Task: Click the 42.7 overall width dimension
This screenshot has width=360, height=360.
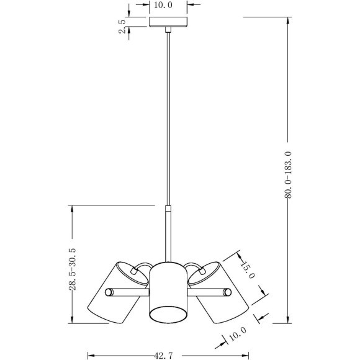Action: [x=163, y=356]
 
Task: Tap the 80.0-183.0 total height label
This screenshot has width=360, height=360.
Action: [x=288, y=174]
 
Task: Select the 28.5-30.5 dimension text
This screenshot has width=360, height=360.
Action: [x=73, y=269]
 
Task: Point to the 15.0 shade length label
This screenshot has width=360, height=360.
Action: [x=248, y=269]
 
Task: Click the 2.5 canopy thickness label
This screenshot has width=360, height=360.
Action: [x=122, y=27]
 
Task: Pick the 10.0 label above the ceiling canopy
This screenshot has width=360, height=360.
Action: [x=163, y=5]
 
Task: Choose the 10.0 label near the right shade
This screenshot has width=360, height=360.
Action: [x=238, y=333]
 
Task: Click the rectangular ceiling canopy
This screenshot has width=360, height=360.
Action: [x=168, y=22]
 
